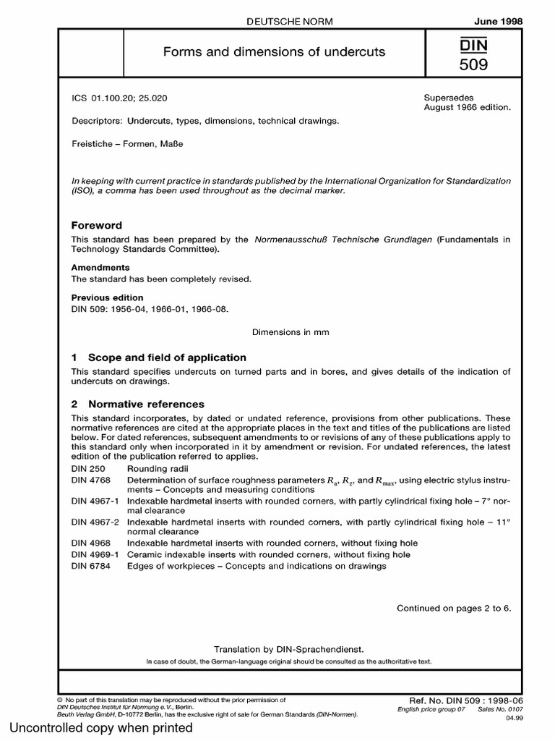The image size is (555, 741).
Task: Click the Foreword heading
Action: click(97, 225)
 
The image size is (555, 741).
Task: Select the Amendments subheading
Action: click(100, 267)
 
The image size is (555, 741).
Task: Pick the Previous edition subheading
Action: click(107, 297)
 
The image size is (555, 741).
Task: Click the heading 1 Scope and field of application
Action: click(159, 357)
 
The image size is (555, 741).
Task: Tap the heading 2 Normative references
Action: click(137, 404)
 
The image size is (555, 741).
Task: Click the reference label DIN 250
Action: click(88, 469)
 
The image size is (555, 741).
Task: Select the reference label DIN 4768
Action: click(91, 480)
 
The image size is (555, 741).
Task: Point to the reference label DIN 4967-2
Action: click(97, 521)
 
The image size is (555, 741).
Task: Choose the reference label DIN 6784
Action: click(91, 565)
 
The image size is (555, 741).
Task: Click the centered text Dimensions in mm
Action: click(291, 332)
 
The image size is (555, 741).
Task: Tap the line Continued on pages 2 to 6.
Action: click(454, 608)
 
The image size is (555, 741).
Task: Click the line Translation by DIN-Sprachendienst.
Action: click(288, 650)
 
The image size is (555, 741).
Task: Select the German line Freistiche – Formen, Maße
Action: click(127, 143)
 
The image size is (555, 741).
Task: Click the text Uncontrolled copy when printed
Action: click(100, 727)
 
